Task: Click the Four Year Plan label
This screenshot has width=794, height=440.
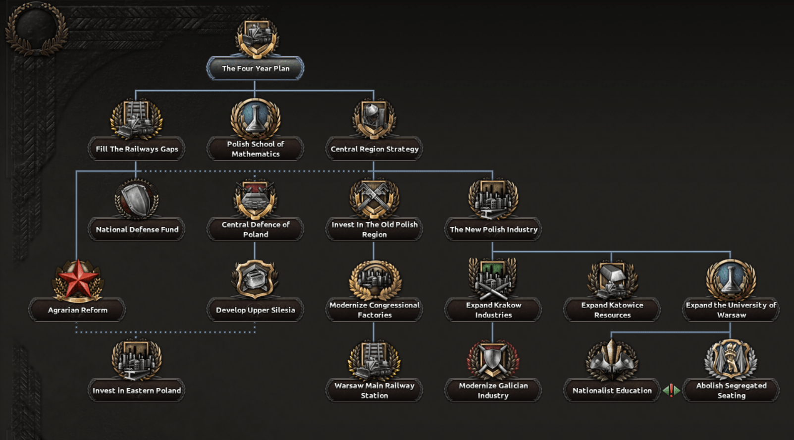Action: [255, 68]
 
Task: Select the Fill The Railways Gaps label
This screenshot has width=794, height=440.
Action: [137, 149]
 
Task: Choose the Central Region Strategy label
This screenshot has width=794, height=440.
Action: [374, 149]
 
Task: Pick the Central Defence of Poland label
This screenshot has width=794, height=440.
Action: [255, 229]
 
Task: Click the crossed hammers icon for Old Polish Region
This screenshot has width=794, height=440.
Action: [374, 199]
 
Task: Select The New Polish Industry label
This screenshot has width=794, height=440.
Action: [493, 229]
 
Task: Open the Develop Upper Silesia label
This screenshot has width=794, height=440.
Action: [255, 310]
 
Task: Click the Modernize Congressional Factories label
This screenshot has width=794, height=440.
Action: [374, 310]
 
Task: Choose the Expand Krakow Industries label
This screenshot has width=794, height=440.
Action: [493, 310]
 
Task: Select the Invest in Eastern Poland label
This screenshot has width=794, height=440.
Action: [137, 390]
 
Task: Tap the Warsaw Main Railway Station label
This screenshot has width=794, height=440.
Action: [374, 390]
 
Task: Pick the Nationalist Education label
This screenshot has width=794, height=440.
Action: [612, 390]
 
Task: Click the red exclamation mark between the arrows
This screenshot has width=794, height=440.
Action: [671, 390]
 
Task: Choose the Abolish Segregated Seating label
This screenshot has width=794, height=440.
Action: [731, 390]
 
